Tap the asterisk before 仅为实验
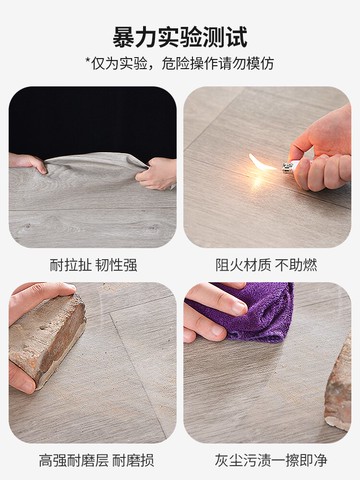(x=89, y=64)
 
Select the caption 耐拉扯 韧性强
(x=93, y=265)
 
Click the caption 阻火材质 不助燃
(x=267, y=265)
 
